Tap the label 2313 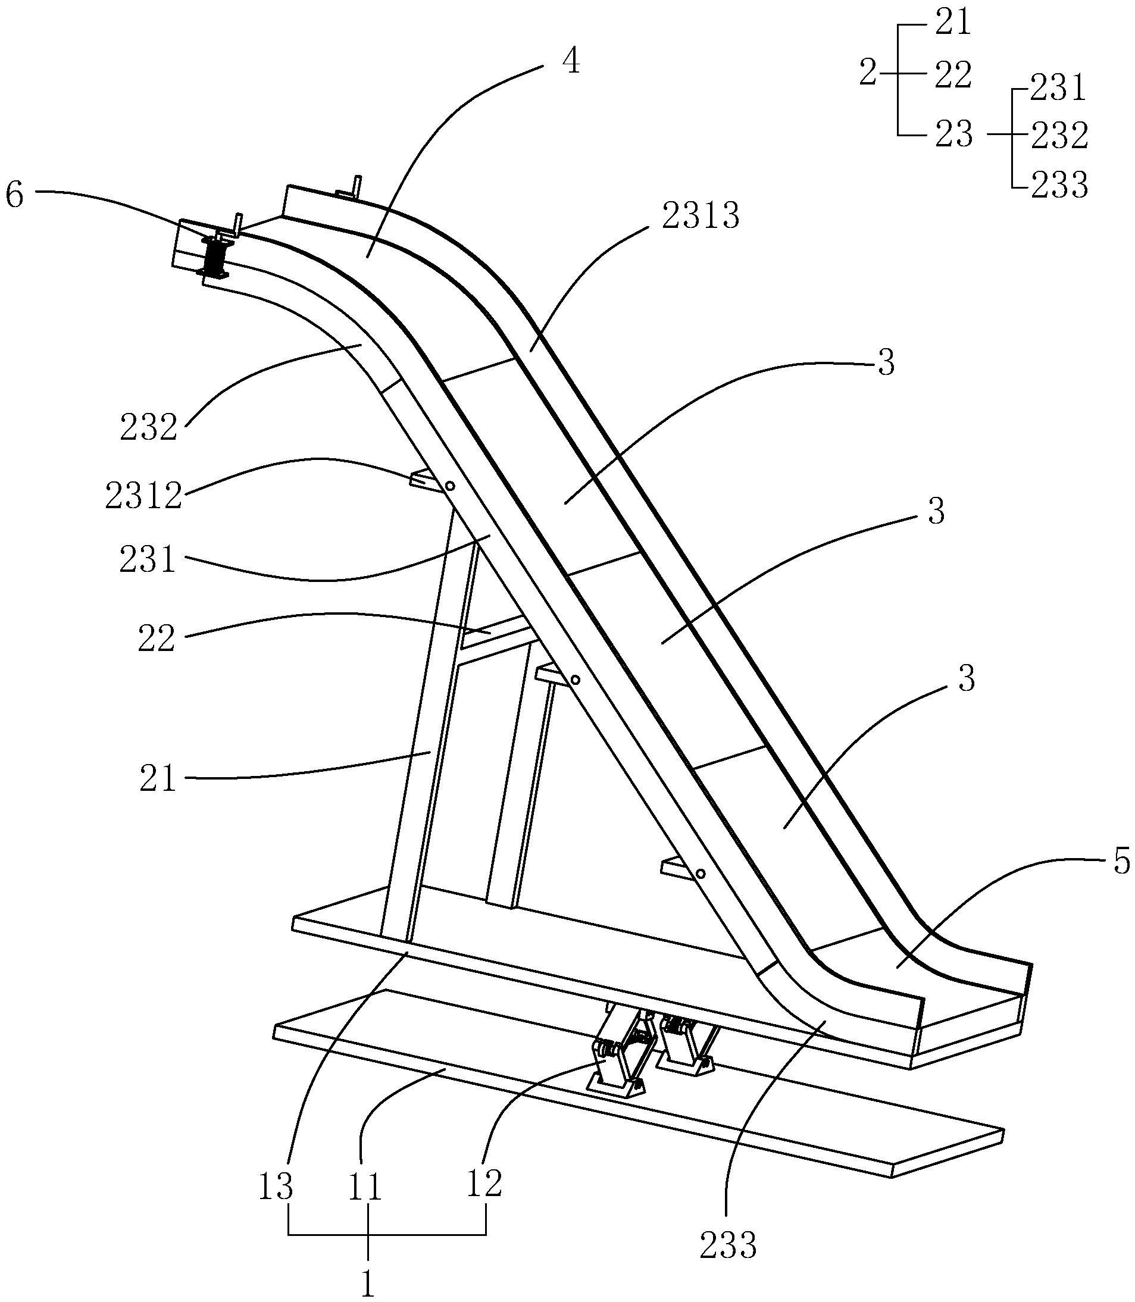tap(701, 217)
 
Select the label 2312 tap(144, 496)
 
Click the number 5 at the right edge tap(1122, 861)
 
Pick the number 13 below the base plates tap(276, 1186)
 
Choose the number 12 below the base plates tap(484, 1183)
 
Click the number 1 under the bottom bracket tap(367, 1284)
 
